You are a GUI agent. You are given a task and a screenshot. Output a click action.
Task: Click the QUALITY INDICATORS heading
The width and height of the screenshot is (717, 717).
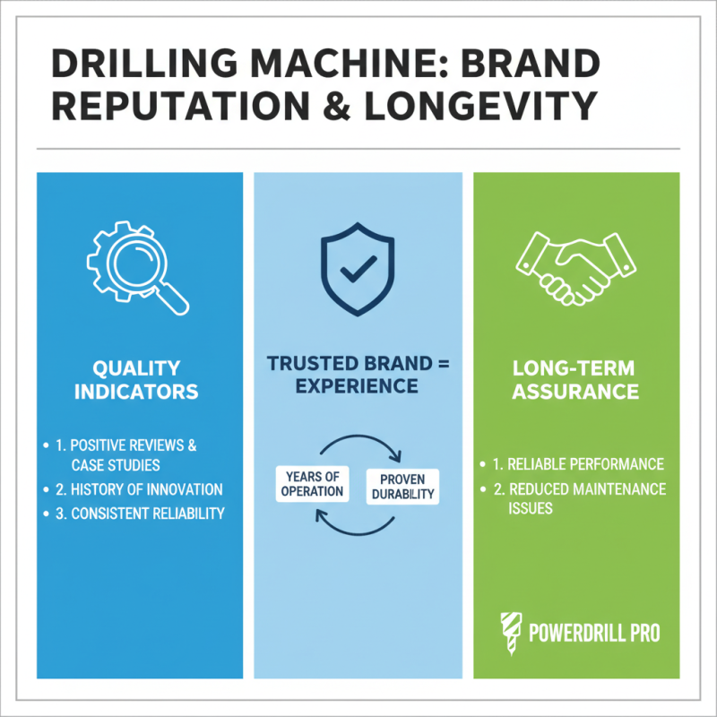pyautogui.click(x=138, y=380)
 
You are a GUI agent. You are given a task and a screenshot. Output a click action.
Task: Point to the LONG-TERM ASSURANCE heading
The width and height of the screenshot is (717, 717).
pyautogui.click(x=575, y=380)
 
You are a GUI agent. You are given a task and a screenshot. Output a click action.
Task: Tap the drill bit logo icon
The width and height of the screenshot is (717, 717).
pyautogui.click(x=507, y=631)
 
